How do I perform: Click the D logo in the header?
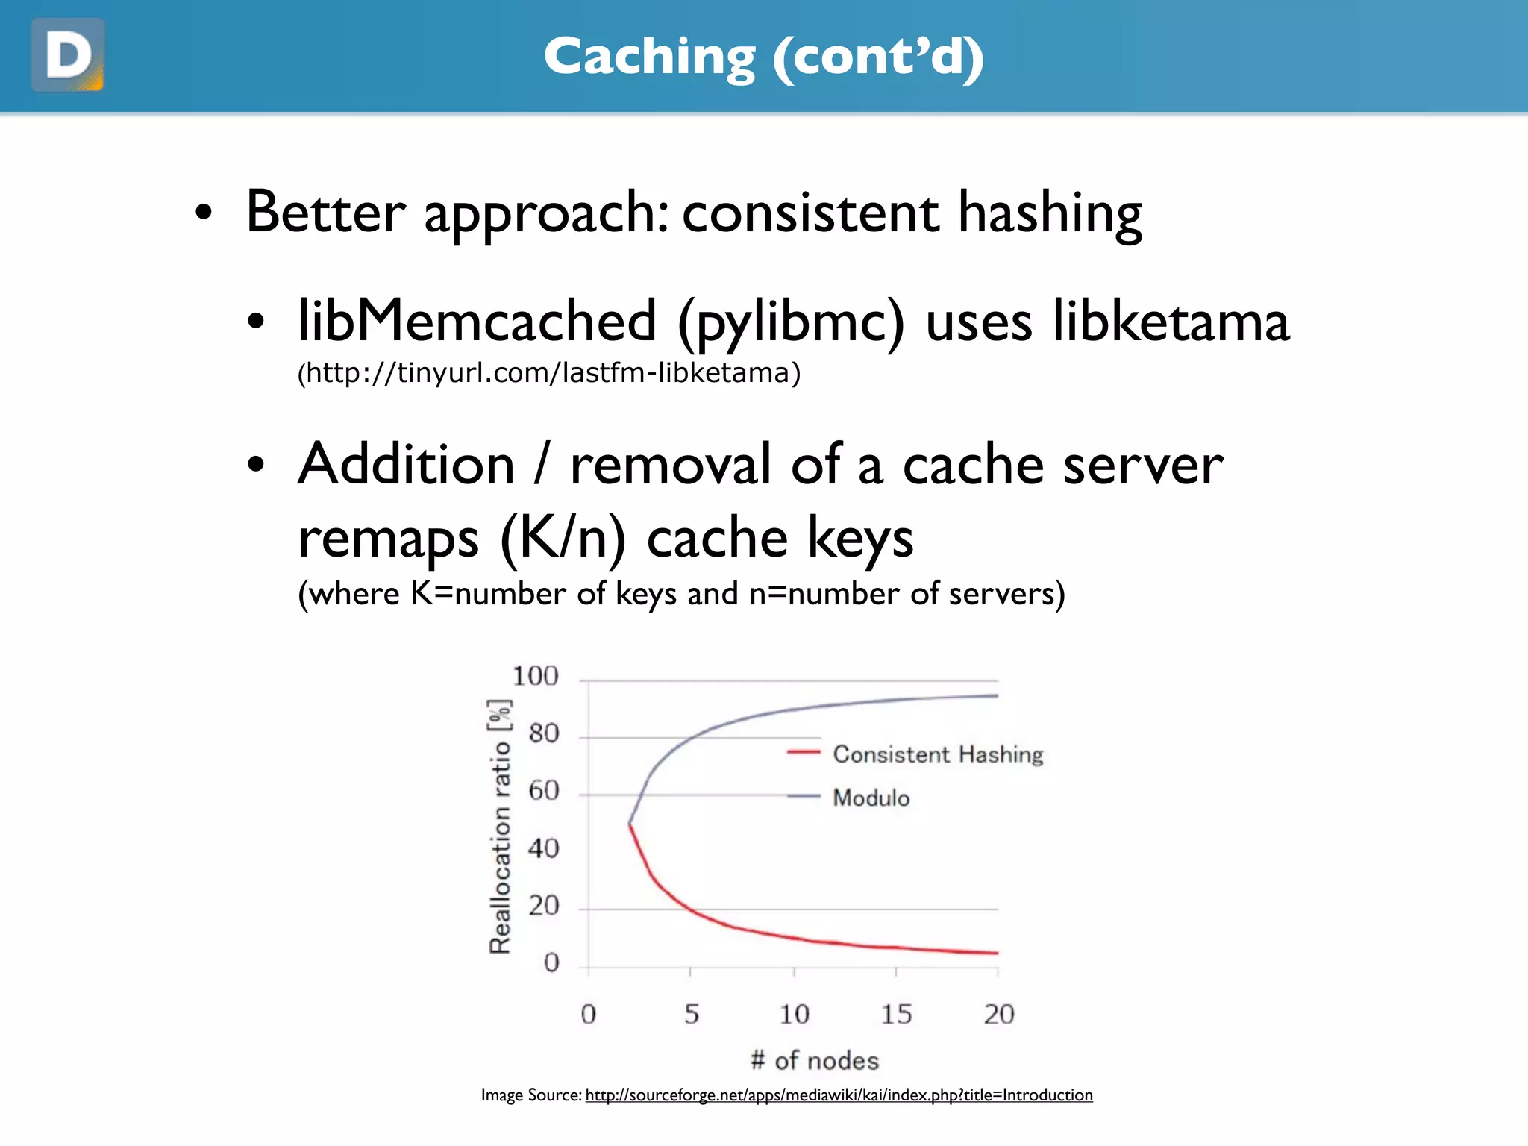(68, 55)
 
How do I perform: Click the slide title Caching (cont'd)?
(763, 57)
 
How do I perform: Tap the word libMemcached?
(477, 321)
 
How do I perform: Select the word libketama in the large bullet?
(1171, 321)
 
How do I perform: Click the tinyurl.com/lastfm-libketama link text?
(549, 372)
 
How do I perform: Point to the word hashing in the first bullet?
(1050, 213)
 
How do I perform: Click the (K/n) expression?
(563, 537)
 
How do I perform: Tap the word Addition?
(407, 464)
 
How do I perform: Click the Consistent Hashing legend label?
(938, 754)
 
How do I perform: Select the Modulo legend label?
(871, 798)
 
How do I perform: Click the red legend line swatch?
(804, 752)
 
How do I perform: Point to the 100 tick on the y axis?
(535, 676)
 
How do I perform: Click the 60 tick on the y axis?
(543, 791)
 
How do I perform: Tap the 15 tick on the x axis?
(896, 1014)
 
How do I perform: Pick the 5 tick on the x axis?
(692, 1014)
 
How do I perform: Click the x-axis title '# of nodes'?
(815, 1060)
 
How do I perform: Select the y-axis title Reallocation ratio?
(500, 827)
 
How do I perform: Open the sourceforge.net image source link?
(839, 1095)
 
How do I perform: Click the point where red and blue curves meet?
(630, 824)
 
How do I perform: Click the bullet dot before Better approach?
(204, 213)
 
